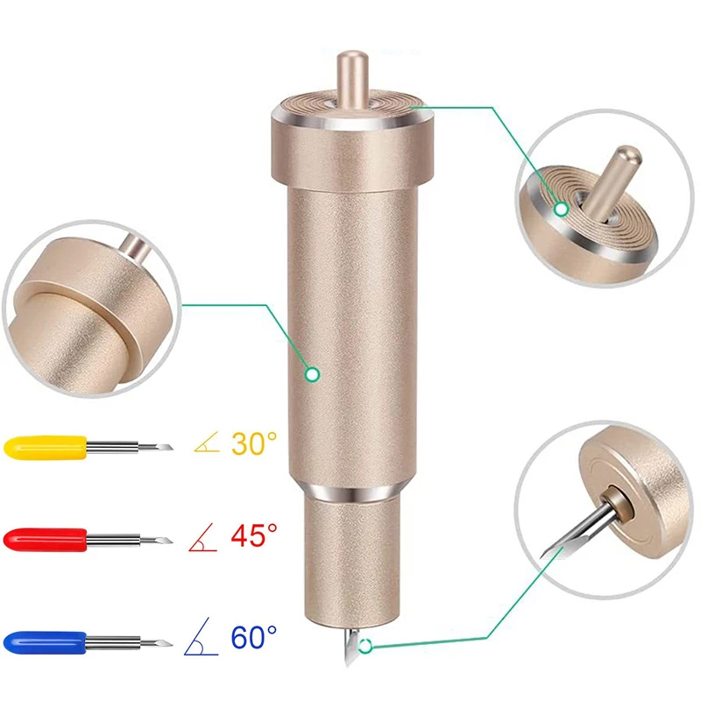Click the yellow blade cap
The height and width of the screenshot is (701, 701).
pyautogui.click(x=46, y=447)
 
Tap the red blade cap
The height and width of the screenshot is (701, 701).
pyautogui.click(x=46, y=540)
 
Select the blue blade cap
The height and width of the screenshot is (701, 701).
pyautogui.click(x=46, y=643)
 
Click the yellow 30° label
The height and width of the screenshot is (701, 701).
pyautogui.click(x=254, y=443)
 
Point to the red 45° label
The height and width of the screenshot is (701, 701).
pyautogui.click(x=254, y=535)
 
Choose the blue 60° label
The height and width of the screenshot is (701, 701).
pyautogui.click(x=254, y=638)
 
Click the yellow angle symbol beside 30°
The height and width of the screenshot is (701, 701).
pyautogui.click(x=207, y=443)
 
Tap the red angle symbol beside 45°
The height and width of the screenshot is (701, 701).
pyautogui.click(x=203, y=537)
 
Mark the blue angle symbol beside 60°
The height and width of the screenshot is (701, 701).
pyautogui.click(x=202, y=637)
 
